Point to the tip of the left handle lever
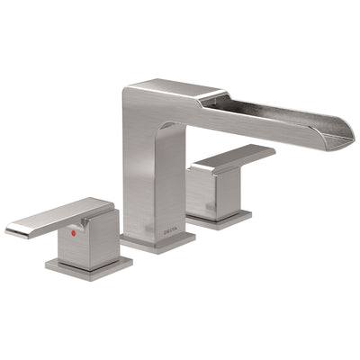point(11,231)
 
